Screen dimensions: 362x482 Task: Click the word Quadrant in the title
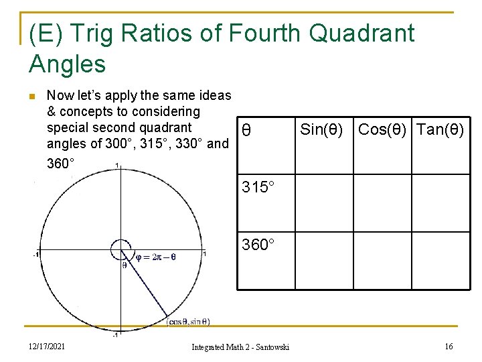(x=361, y=33)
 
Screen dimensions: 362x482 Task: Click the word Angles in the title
(x=68, y=64)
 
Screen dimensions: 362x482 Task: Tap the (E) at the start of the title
(x=46, y=33)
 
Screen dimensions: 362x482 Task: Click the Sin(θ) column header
(x=321, y=129)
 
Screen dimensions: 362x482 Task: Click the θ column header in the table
(x=246, y=130)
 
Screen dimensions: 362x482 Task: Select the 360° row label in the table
(x=258, y=244)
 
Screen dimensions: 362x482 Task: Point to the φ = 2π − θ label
(x=156, y=255)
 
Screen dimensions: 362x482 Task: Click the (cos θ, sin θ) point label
(x=188, y=322)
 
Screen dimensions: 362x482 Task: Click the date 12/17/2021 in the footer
(x=47, y=346)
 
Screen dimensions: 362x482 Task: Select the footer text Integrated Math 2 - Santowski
(x=240, y=347)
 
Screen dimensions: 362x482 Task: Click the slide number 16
(x=449, y=346)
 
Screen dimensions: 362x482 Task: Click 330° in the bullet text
(x=195, y=143)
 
